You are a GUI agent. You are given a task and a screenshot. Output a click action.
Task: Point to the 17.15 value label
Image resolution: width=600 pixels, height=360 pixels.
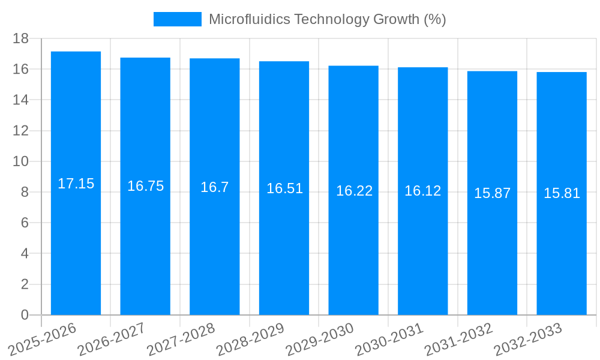(76, 184)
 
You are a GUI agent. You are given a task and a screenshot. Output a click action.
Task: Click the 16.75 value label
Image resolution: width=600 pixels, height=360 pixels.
(145, 186)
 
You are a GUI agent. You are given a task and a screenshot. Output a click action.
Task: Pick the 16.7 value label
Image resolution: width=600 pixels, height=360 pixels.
(214, 187)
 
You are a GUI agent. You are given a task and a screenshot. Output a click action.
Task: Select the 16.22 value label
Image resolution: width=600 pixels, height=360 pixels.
(354, 191)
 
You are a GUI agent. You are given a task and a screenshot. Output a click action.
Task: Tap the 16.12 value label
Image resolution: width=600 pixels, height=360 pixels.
(422, 191)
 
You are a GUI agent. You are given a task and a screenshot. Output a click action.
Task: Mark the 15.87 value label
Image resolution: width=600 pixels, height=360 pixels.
(492, 193)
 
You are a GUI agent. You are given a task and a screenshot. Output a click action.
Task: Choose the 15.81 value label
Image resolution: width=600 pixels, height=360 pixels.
(562, 193)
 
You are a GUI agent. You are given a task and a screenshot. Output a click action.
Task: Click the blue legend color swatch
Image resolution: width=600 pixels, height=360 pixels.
(177, 19)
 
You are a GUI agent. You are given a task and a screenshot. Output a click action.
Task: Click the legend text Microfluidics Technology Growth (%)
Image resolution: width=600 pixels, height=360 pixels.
(327, 19)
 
